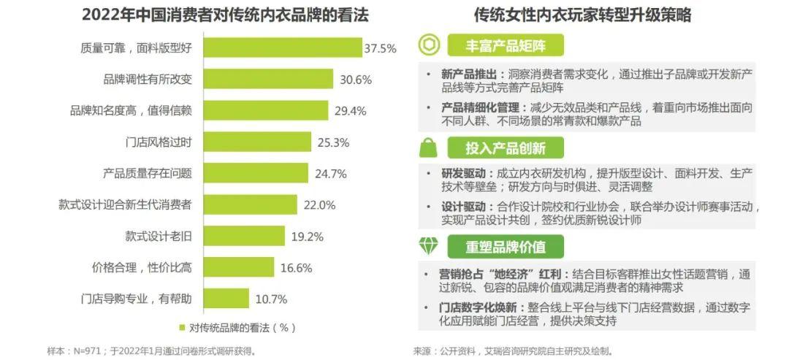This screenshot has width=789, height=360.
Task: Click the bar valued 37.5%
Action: point(282,47)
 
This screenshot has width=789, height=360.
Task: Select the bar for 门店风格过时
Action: point(256,142)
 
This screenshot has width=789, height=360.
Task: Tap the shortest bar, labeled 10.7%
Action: point(227,299)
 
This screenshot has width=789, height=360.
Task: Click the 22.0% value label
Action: point(318,205)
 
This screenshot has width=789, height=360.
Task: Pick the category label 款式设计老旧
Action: point(158,236)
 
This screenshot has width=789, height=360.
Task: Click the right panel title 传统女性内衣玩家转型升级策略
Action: point(582,15)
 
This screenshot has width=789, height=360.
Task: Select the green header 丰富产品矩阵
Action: point(506,46)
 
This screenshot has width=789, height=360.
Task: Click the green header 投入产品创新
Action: point(506,148)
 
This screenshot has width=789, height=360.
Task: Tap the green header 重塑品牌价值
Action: point(506,247)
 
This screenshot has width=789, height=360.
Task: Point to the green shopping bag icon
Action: point(429,148)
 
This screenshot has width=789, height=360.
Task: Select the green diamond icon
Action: point(429,246)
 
